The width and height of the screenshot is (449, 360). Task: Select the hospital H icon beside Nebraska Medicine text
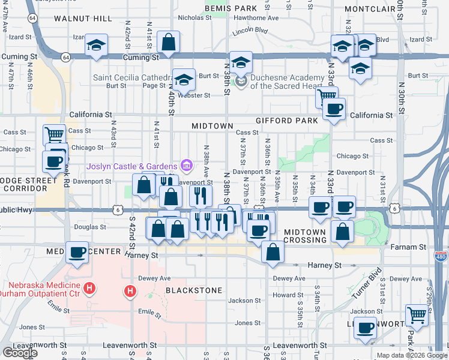pyautogui.click(x=89, y=289)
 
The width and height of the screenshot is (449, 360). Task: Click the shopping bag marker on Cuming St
pyautogui.click(x=169, y=42)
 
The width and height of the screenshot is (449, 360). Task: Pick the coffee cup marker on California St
pyautogui.click(x=334, y=109)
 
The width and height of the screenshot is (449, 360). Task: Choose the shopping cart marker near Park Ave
pyautogui.click(x=416, y=314)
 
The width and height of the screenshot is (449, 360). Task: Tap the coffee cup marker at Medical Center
pyautogui.click(x=77, y=253)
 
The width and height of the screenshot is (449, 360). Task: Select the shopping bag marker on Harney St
pyautogui.click(x=273, y=252)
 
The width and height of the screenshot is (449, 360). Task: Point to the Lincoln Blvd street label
pyautogui.click(x=250, y=29)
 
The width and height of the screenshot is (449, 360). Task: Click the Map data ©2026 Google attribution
pyautogui.click(x=412, y=355)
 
